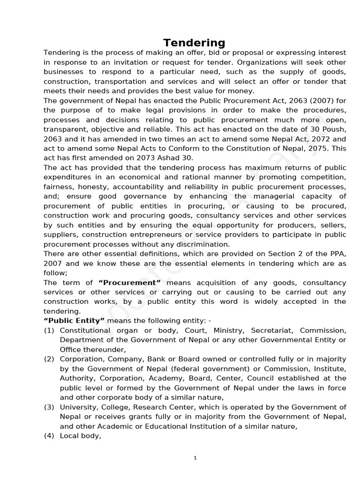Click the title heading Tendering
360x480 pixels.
tap(194, 43)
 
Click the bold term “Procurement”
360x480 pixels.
tap(129, 283)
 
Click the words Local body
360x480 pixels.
tap(80, 436)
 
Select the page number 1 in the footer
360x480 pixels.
tap(195, 458)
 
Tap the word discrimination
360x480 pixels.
tap(202, 244)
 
